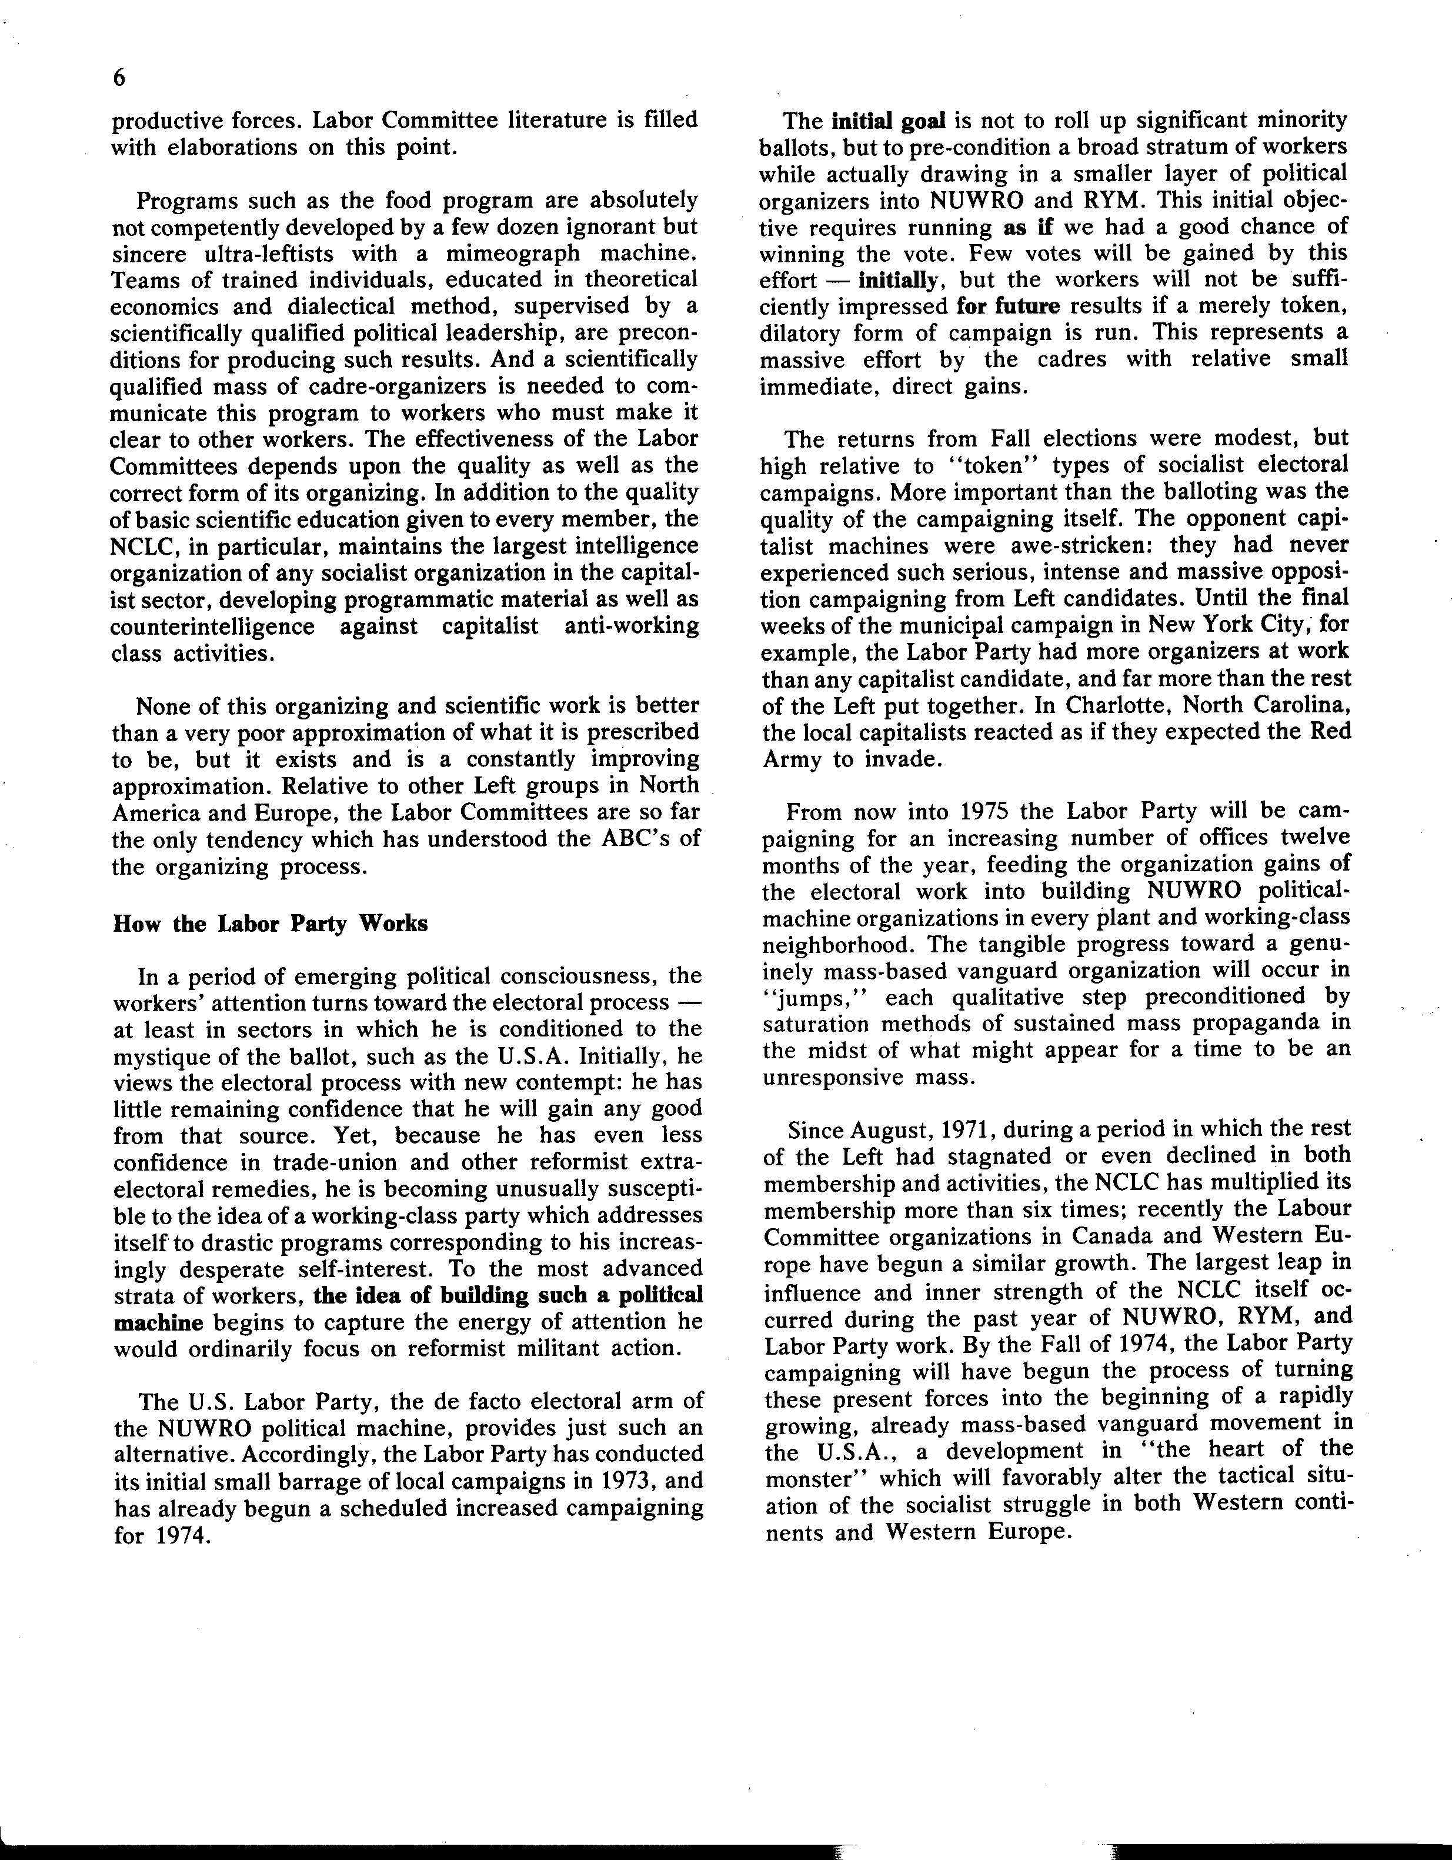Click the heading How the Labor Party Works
tap(270, 924)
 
